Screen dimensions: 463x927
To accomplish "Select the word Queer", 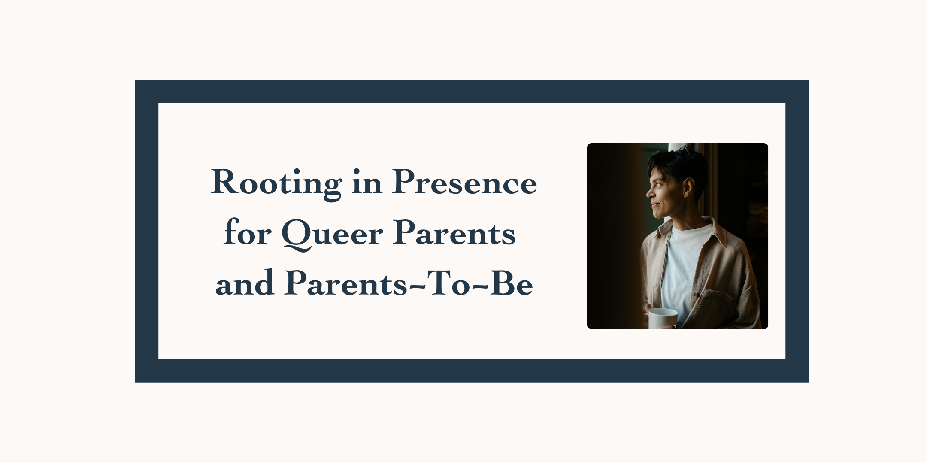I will [x=332, y=234].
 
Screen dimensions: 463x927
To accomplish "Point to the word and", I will [x=245, y=284].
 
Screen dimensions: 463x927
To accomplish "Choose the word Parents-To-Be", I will [x=408, y=284].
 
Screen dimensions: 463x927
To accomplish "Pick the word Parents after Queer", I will [x=454, y=234].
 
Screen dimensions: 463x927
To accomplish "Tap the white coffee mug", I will [x=662, y=318].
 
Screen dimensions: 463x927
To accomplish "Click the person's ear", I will [x=689, y=187].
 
